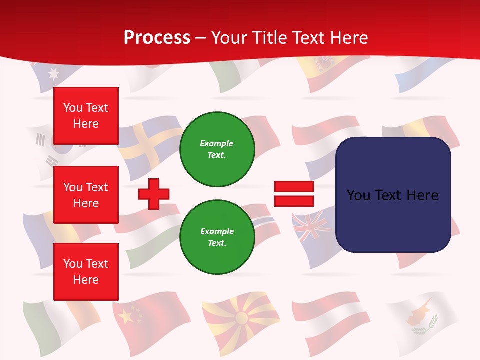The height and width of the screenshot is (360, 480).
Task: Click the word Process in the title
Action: coord(157,38)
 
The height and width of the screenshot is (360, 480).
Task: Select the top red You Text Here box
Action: coord(86,116)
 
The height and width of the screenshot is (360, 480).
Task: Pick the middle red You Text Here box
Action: coord(86,195)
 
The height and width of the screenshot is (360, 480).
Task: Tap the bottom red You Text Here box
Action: coord(86,271)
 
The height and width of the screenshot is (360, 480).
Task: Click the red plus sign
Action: coord(154,194)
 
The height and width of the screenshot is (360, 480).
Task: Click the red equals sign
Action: coord(294,194)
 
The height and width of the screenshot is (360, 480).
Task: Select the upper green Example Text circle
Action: coord(217,149)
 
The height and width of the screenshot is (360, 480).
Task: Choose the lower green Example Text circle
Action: coord(217,237)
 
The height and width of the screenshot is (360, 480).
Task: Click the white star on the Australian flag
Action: coord(52,74)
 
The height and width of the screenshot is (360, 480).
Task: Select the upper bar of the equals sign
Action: coord(294,187)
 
